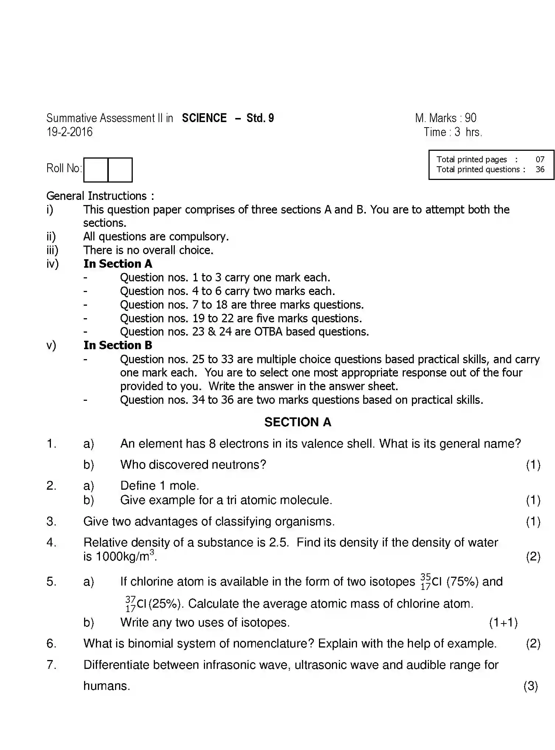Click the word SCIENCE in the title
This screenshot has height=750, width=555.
204,118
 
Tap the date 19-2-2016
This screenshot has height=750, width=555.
69,132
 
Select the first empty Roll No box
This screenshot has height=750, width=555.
96,170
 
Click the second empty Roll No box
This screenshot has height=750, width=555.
120,170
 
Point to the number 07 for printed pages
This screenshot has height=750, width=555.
540,159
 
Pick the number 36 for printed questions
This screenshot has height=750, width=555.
540,169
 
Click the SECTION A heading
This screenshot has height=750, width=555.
298,422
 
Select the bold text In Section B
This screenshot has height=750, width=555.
118,346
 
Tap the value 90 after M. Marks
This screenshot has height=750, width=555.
471,118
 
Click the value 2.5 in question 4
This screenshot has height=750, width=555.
279,542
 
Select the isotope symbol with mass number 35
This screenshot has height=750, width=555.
431,581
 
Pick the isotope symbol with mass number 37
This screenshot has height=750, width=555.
136,604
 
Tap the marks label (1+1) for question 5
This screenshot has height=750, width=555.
503,622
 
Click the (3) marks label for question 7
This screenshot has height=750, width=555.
531,686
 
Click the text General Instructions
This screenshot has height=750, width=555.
97,196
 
